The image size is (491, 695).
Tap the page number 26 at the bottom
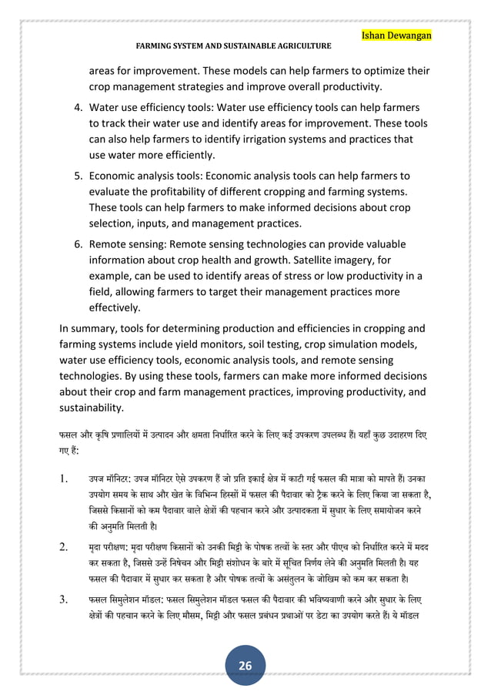coord(246,666)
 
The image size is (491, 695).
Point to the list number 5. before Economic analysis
coord(78,176)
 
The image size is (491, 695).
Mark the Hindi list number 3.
coord(66,598)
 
